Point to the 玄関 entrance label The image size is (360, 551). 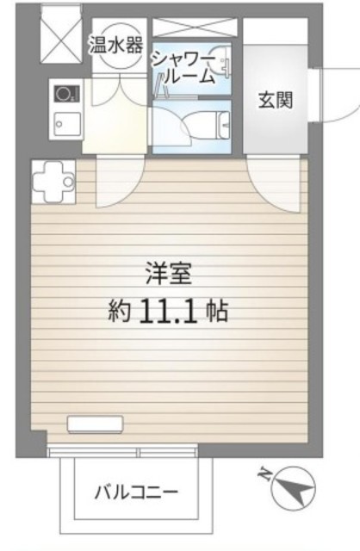coord(276,100)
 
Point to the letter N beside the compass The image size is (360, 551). coord(264,472)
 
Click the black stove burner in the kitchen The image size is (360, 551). coord(64,92)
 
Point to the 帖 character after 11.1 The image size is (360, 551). coord(216,311)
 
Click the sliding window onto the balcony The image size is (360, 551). coord(124,452)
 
